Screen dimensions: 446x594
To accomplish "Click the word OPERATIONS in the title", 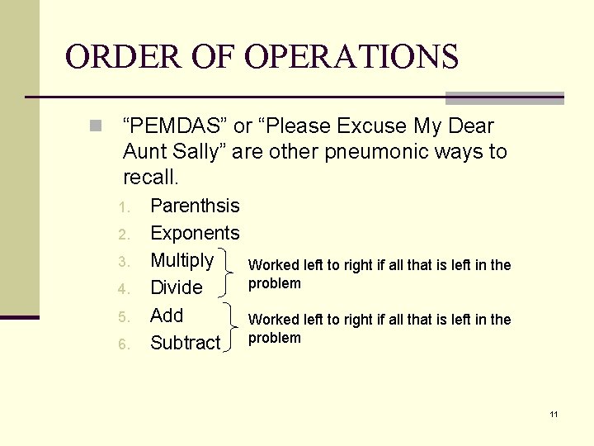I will pos(351,57).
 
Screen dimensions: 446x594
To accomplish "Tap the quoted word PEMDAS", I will pos(175,126).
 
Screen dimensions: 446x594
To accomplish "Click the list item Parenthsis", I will pos(195,206).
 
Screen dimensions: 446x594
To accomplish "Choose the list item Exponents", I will pos(195,233).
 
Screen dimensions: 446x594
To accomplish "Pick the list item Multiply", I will pos(181,260).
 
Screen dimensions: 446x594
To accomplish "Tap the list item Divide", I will pos(176,287).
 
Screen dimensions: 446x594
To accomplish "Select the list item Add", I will pos(167,316).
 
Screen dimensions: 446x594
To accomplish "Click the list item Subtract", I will pos(186,343).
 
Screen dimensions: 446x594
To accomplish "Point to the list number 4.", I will pos(122,289).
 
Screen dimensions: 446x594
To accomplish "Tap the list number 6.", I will pos(122,344).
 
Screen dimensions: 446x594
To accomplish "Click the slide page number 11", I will pos(554,414).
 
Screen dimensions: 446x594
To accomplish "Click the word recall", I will pos(150,178).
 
